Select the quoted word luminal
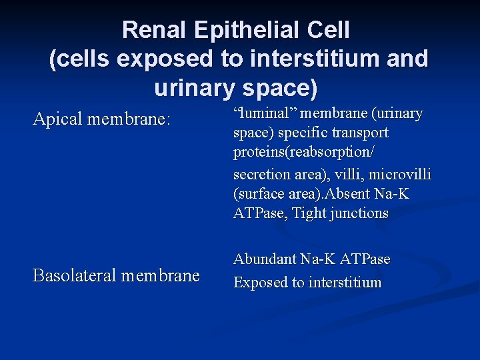[x=262, y=114]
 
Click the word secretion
[x=260, y=175]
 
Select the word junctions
[x=358, y=213]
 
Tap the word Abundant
[x=265, y=259]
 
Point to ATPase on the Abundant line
[x=365, y=259]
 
